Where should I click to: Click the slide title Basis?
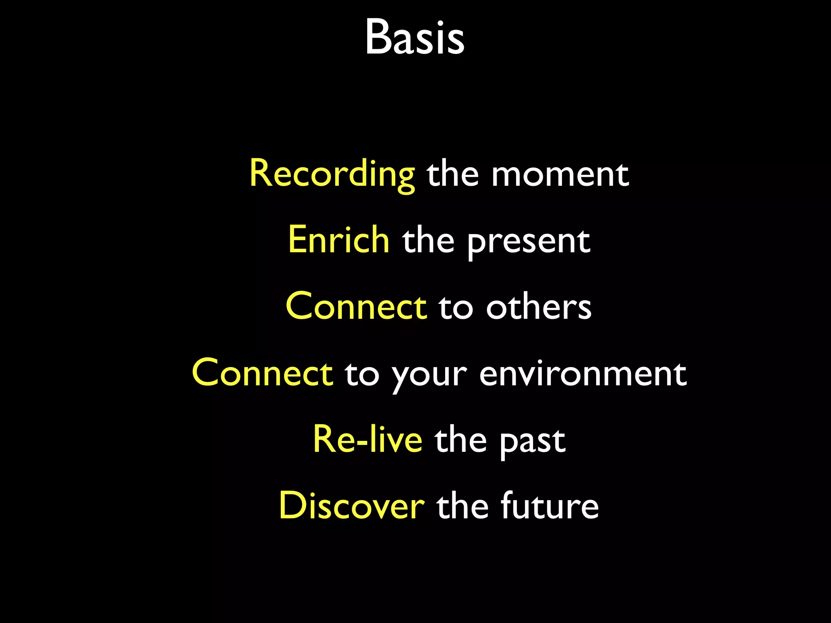tap(415, 37)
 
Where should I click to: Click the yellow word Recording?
tap(332, 174)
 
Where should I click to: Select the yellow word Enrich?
tap(339, 240)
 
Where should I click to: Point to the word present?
tap(529, 242)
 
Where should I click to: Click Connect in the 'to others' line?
tap(356, 307)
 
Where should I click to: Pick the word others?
tap(539, 307)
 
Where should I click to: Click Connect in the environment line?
tap(263, 373)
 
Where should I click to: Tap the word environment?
tap(583, 374)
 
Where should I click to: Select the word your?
tap(429, 376)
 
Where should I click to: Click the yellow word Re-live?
tap(368, 440)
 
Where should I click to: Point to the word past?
tap(532, 442)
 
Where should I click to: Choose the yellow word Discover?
tap(352, 506)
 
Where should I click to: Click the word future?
tap(550, 506)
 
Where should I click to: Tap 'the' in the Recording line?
tap(453, 174)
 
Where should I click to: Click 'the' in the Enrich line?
tap(428, 241)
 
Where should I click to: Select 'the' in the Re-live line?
tap(461, 440)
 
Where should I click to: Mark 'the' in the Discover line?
tap(463, 506)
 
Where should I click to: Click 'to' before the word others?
tap(456, 307)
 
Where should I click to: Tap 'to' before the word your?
tap(362, 374)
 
